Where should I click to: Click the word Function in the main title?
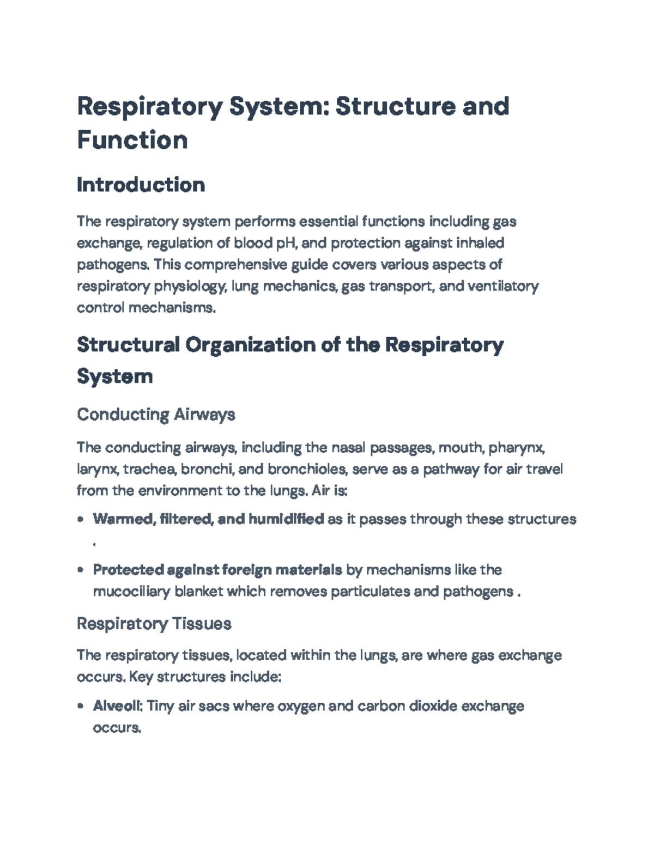132,139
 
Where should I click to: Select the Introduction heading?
141,185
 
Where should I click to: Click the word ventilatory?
504,286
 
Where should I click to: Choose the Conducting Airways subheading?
156,415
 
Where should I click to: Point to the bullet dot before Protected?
81,570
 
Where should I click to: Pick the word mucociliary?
131,592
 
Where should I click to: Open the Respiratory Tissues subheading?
154,624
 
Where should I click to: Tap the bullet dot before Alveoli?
81,707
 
